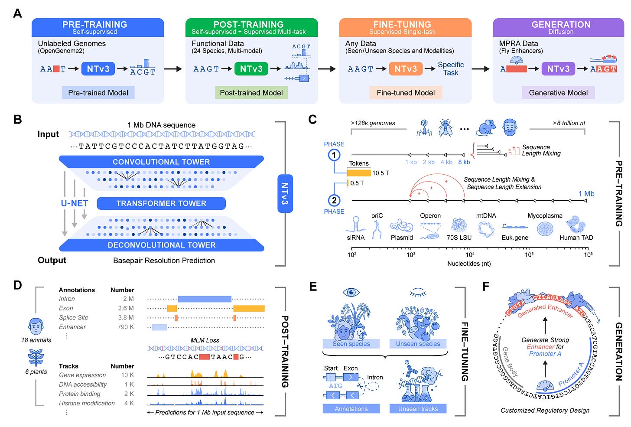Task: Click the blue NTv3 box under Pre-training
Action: tap(98, 69)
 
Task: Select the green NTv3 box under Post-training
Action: tap(251, 69)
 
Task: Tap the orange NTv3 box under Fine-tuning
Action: tap(405, 69)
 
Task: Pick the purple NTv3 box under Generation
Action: tap(558, 69)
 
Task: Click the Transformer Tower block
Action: tap(161, 203)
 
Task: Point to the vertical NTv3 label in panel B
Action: tap(285, 193)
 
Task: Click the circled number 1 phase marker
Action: tap(334, 155)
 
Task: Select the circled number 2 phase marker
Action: tap(334, 200)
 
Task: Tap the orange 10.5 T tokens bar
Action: tap(359, 173)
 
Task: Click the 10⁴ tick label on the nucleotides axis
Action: tap(470, 254)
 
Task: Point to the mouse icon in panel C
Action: tap(486, 127)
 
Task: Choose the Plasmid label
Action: tap(402, 238)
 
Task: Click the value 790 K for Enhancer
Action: tap(125, 327)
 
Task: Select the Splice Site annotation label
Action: tap(74, 318)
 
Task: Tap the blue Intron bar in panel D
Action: tap(205, 299)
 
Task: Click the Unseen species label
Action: tap(418, 344)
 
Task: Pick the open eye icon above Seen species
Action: tap(351, 292)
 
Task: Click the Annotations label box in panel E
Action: tap(351, 409)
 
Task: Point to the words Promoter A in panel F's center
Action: tap(545, 354)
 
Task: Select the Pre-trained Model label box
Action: tap(98, 93)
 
